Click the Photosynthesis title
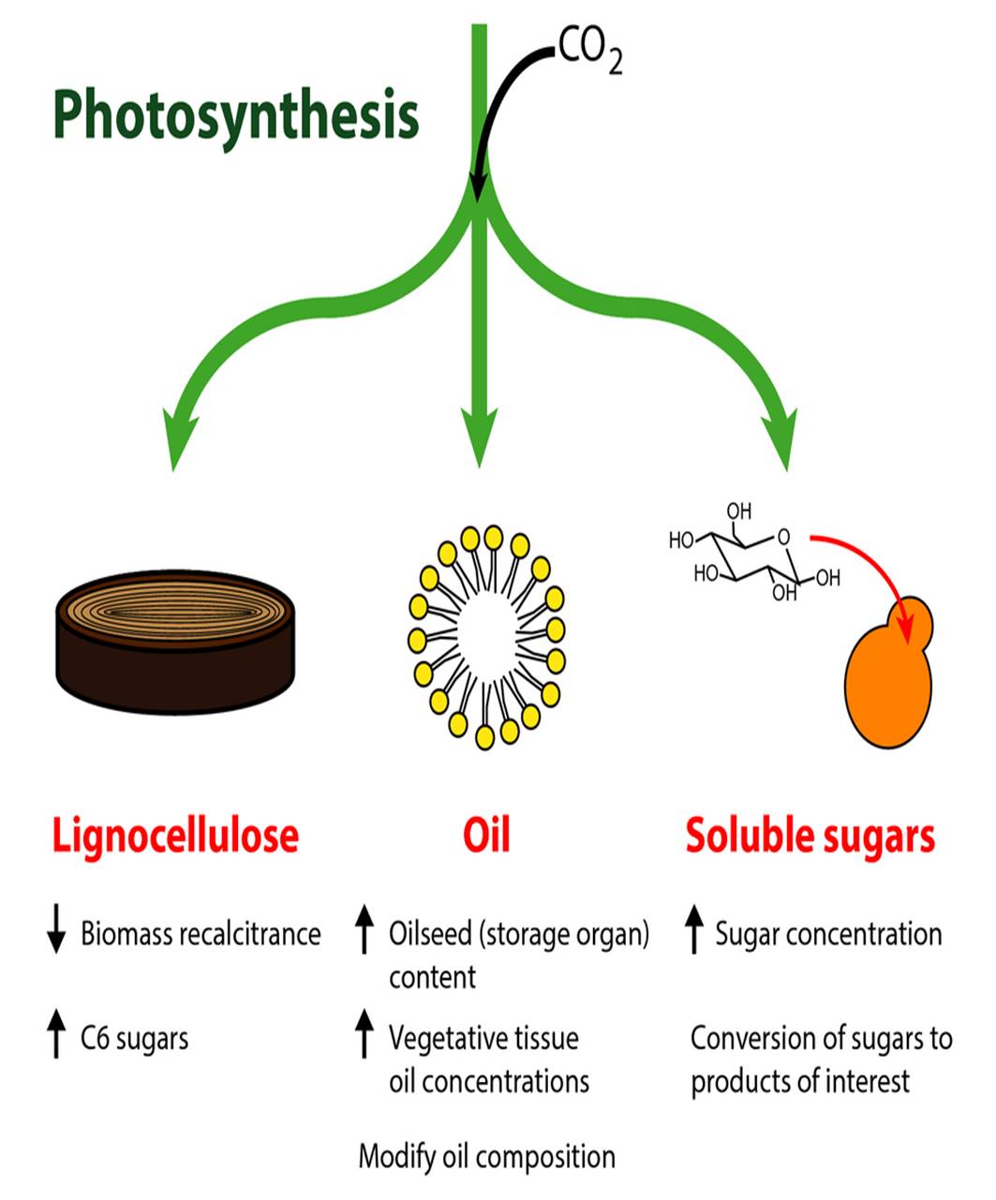(235, 116)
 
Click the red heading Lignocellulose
(175, 835)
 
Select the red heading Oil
(486, 835)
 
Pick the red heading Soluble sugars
(810, 835)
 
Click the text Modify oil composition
(486, 1157)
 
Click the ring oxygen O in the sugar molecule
(783, 537)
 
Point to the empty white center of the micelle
(485, 636)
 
